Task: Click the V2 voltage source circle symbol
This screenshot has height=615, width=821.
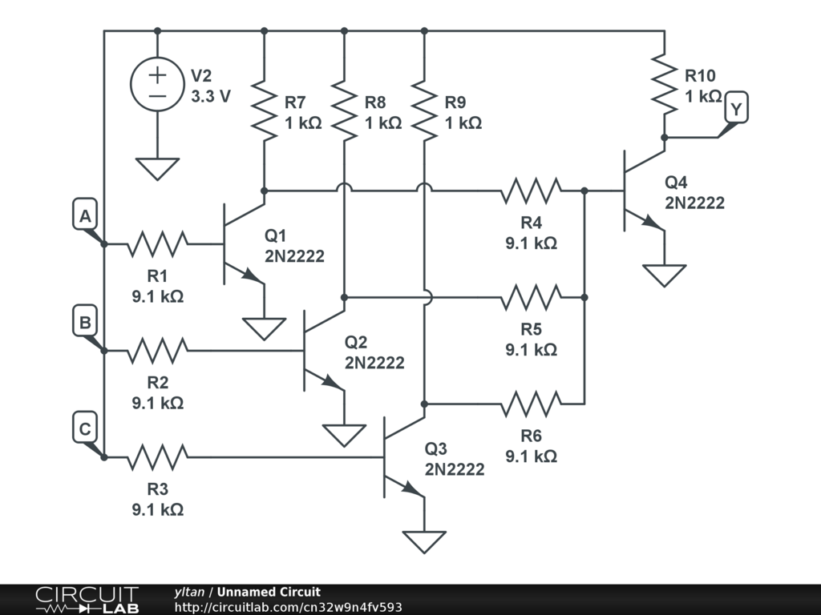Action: (x=157, y=86)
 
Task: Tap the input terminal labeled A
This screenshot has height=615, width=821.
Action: (x=85, y=216)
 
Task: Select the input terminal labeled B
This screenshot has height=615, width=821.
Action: (x=85, y=323)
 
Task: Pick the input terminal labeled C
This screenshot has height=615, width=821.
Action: (x=85, y=429)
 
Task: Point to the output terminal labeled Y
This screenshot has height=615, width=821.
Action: (x=736, y=110)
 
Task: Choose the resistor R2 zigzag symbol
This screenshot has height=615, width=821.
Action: (x=157, y=350)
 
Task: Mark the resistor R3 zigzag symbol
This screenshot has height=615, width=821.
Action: (x=157, y=457)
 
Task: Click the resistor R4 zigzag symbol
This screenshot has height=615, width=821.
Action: (x=531, y=191)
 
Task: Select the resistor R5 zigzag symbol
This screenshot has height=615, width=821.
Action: (x=531, y=297)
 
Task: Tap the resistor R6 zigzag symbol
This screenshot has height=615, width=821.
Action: (x=531, y=404)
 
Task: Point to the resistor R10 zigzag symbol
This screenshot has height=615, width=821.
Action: (x=664, y=83)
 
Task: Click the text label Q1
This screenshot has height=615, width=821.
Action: (x=276, y=235)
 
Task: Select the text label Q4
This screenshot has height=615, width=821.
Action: (x=676, y=182)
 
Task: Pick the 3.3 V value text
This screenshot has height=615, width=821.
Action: (x=211, y=96)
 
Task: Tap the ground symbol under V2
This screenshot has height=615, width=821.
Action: (x=157, y=168)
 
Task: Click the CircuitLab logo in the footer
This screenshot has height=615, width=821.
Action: (x=87, y=599)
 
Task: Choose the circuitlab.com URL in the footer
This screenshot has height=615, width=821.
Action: (x=288, y=607)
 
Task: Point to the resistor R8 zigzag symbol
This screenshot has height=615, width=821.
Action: (x=344, y=110)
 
